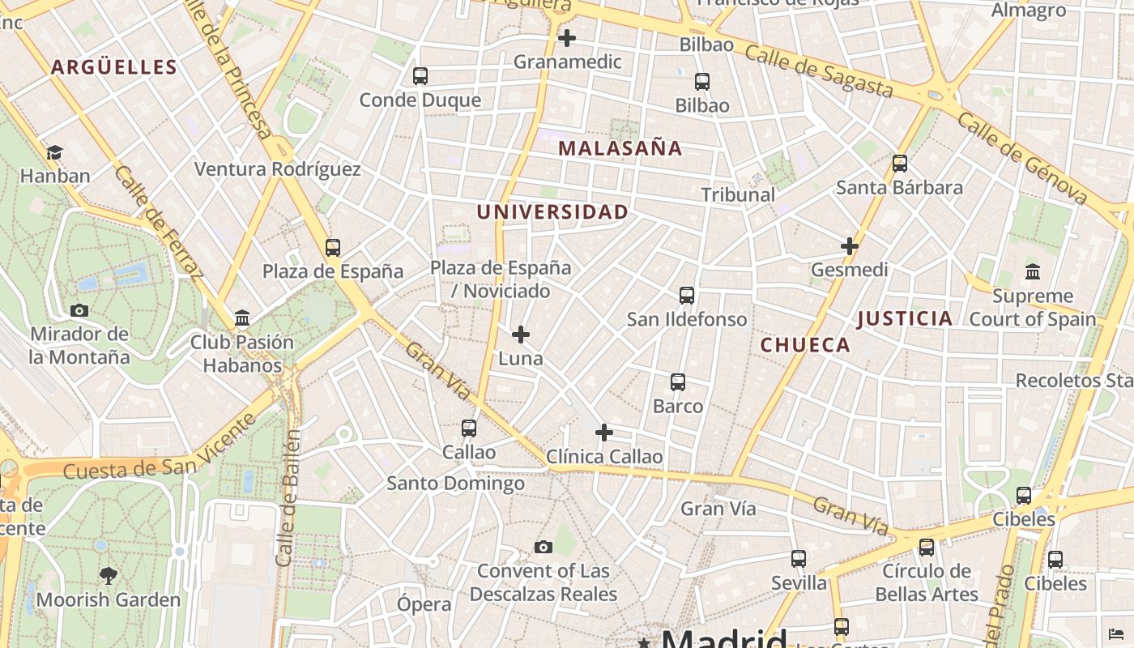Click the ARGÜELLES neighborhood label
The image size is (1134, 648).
[x=113, y=67]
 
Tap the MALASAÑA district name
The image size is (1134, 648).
[x=620, y=148]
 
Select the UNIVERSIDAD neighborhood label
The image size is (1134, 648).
[x=552, y=212]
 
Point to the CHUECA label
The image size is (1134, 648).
[x=805, y=345]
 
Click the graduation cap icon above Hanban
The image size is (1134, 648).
[x=54, y=152]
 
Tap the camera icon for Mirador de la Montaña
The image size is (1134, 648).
[x=79, y=310]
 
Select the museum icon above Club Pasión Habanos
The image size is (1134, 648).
[x=242, y=318]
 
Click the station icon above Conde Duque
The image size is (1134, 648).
[x=420, y=76]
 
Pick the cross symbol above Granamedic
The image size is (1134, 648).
[x=567, y=38]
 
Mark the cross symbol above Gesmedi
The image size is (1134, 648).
[x=849, y=246]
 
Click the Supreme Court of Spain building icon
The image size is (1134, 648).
[x=1032, y=271]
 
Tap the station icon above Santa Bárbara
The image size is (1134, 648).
[x=899, y=164]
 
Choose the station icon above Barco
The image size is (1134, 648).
[x=678, y=382]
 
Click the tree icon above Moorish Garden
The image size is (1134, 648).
[x=108, y=576]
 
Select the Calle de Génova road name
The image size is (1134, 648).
[x=1022, y=159]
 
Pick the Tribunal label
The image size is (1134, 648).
[x=738, y=194]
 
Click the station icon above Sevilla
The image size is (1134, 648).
[x=799, y=559]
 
